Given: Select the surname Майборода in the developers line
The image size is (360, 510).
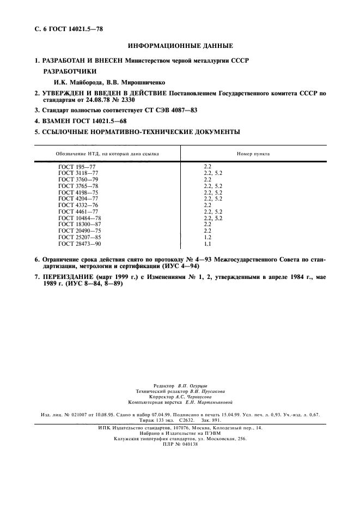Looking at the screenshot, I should pos(79,82).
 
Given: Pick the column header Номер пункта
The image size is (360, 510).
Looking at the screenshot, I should pos(253,154).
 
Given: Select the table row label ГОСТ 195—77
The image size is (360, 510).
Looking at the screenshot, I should pos(76,165).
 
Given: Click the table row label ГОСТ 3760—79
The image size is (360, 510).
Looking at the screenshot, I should pos(78,179).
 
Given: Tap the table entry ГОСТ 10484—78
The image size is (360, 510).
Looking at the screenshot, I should pos(80,218).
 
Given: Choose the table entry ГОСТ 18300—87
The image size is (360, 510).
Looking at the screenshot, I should pos(80,224).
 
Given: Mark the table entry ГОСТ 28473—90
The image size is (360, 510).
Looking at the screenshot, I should pos(80,244).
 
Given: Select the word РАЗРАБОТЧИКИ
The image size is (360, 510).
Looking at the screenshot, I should pos(70,71).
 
